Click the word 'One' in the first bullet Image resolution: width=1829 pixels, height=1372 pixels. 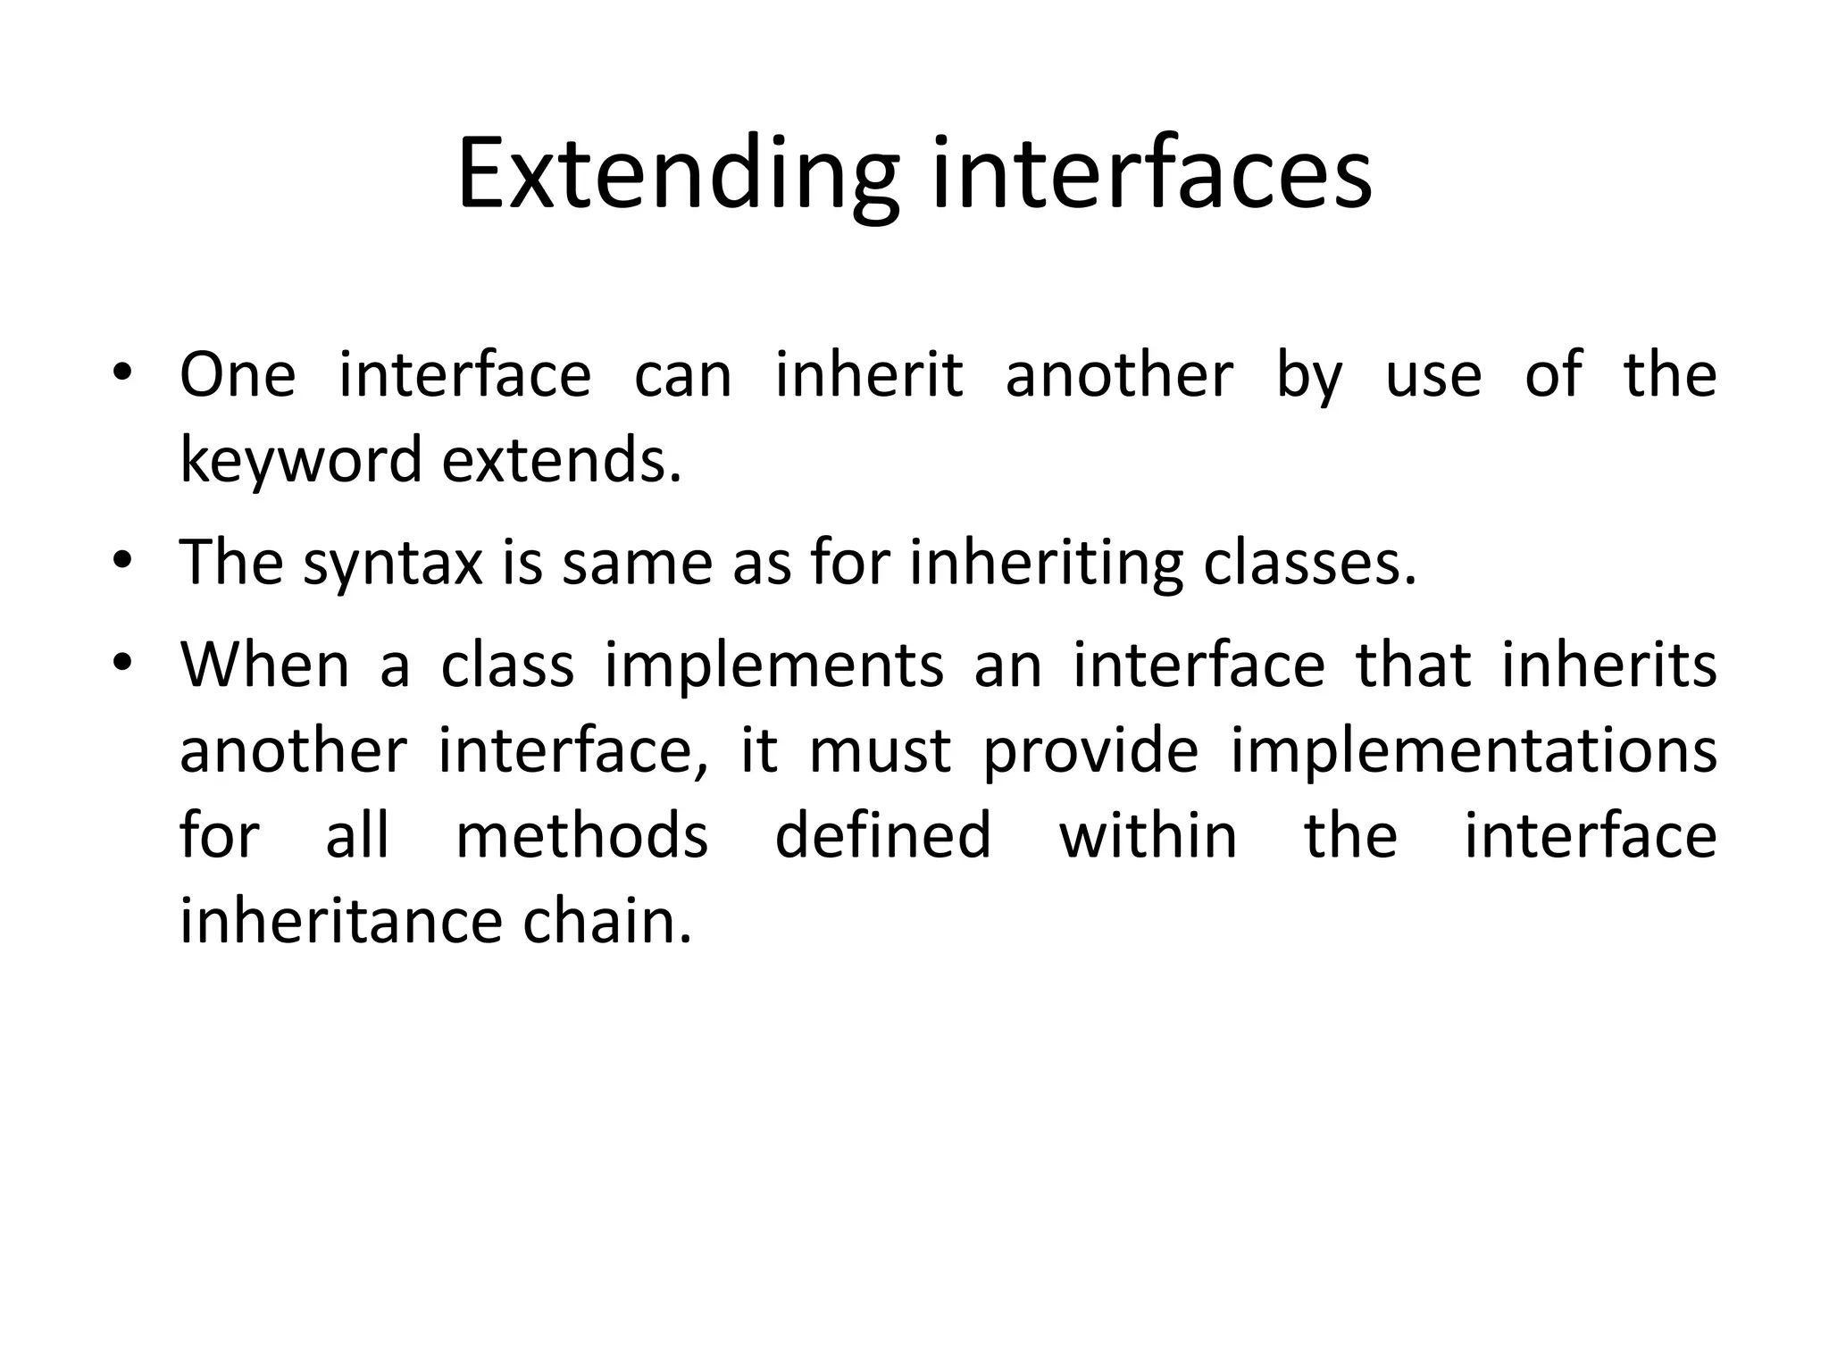(x=237, y=375)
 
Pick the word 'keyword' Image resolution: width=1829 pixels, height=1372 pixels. (x=300, y=461)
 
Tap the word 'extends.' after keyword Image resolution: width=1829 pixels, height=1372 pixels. (x=562, y=461)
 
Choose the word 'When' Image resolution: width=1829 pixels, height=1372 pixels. (x=264, y=666)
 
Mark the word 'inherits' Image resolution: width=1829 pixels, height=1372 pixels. (x=1608, y=666)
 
